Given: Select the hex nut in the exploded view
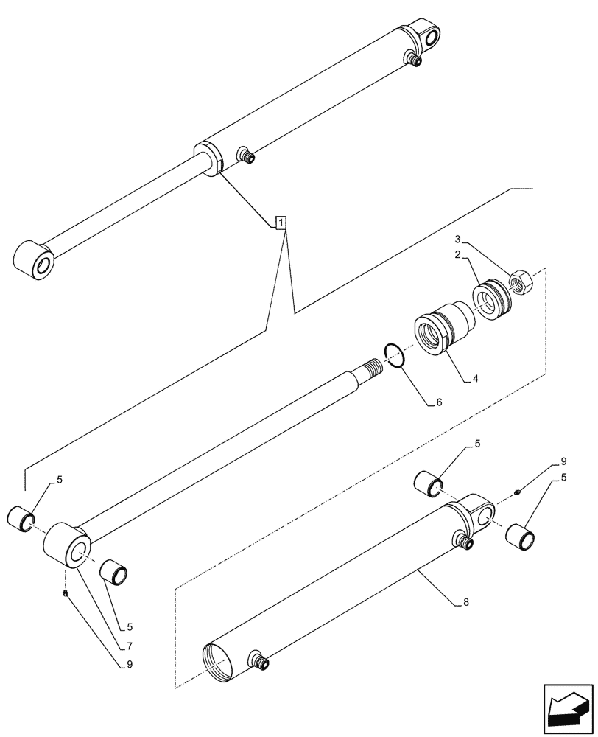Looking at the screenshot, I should point(521,282).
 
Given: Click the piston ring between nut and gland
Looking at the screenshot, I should point(488,301).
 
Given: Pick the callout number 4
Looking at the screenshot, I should point(476,380).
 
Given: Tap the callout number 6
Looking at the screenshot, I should point(440,403).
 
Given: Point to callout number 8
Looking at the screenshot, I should point(466,601).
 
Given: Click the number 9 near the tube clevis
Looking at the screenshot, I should point(563,461).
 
